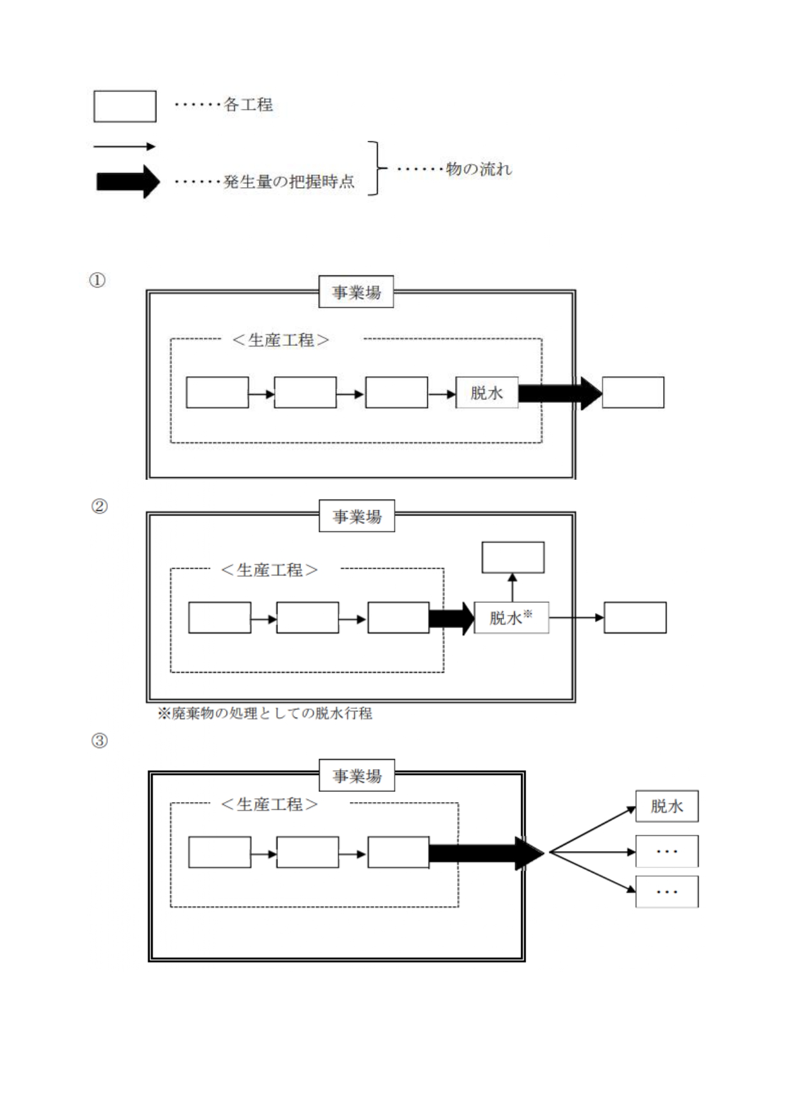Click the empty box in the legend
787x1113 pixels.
[124, 106]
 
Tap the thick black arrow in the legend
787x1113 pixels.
[128, 181]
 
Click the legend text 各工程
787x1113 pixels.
[248, 105]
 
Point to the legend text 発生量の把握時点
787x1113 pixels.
[289, 182]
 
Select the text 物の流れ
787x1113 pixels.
[479, 169]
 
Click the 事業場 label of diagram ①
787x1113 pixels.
[356, 292]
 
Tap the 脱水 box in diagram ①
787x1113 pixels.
[487, 393]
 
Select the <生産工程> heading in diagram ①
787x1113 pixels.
[281, 341]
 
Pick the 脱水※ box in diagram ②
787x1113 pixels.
[511, 617]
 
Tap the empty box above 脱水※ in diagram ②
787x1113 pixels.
[513, 557]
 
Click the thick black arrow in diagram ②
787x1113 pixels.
[451, 618]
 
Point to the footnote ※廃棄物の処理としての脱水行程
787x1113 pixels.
[265, 713]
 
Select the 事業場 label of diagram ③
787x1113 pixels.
[357, 775]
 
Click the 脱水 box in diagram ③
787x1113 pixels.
[666, 806]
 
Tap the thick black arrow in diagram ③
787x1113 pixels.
[486, 853]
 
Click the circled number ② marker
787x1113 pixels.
[100, 506]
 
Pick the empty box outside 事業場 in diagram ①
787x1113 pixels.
[633, 392]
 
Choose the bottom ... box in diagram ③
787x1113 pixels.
[666, 892]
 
